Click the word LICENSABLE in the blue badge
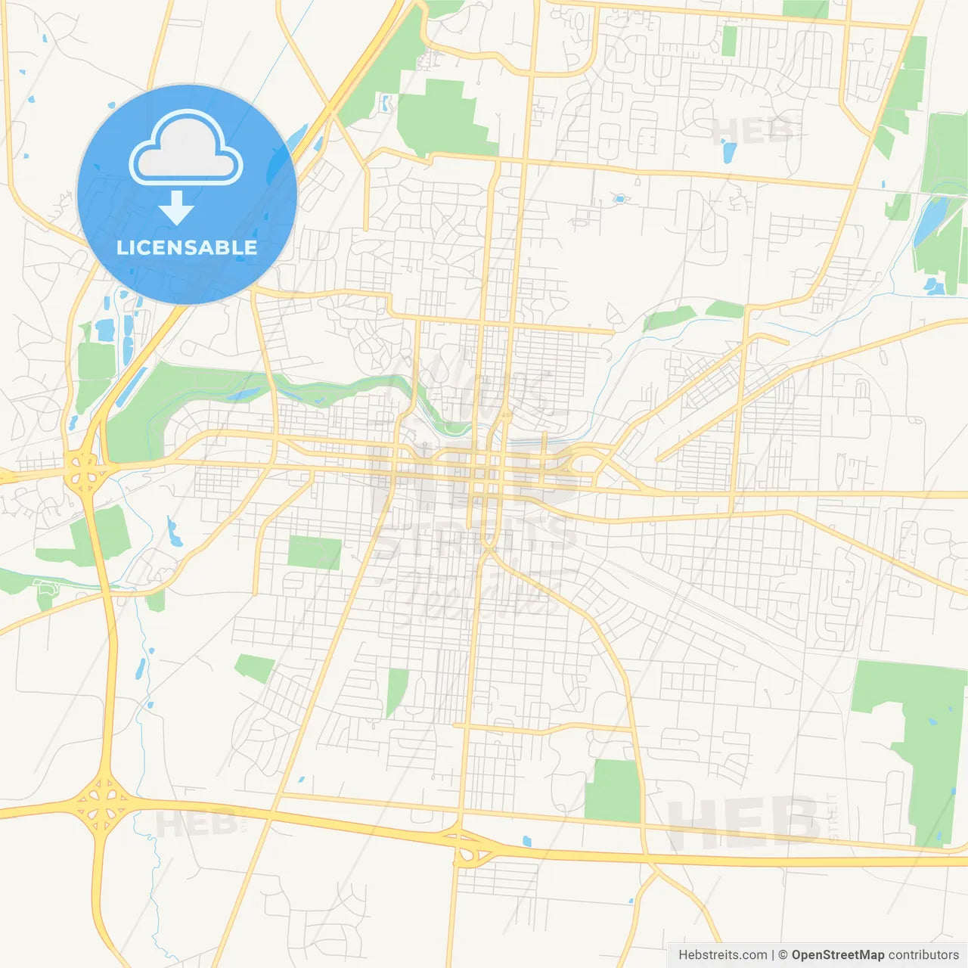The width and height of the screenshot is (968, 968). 187,247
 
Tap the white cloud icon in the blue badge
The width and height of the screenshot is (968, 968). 186,148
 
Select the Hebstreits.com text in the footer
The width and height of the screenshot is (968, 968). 722,955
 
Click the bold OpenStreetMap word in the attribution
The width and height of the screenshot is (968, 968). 837,955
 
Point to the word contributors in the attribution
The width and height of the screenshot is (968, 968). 923,955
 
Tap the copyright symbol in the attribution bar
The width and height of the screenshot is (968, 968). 783,955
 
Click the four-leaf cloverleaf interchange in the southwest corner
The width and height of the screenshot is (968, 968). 101,807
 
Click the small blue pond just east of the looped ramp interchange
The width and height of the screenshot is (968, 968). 526,841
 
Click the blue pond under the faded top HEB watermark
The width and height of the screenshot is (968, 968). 729,152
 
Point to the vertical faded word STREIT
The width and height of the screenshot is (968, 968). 833,817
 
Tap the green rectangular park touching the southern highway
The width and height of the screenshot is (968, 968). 612,791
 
